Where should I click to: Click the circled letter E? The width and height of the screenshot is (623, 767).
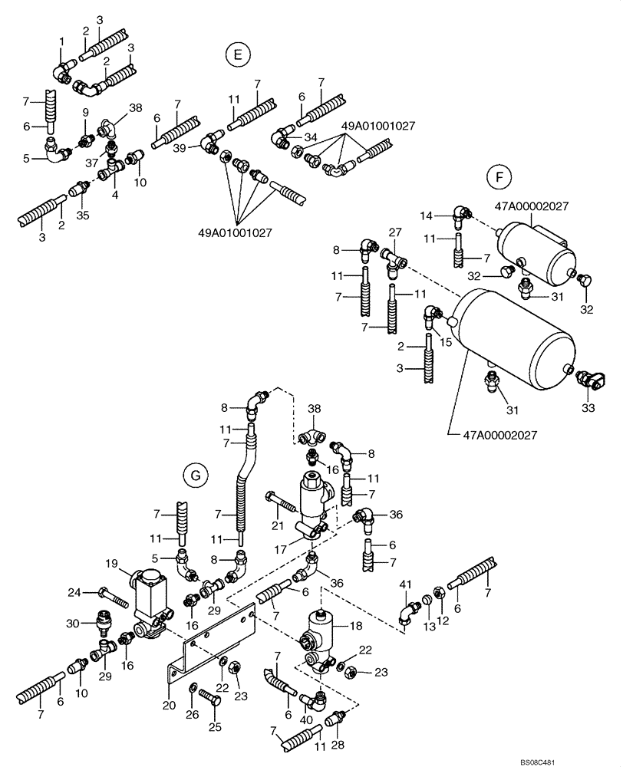click(238, 54)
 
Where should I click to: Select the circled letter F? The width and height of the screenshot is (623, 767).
click(499, 177)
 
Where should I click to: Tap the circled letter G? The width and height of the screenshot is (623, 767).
click(196, 476)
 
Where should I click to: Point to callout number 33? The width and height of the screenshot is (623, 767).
click(587, 409)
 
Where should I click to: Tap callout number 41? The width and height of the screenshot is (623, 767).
click(404, 585)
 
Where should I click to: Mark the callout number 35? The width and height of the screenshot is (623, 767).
click(83, 216)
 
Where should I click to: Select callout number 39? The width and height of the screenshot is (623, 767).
click(180, 146)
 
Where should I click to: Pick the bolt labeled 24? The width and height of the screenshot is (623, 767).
click(110, 593)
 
